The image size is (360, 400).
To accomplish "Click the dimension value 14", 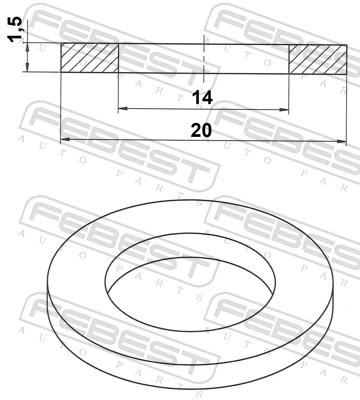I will [204, 96].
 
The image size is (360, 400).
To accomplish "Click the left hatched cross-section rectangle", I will [89, 58].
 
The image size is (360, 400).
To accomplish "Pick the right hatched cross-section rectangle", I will [314, 58].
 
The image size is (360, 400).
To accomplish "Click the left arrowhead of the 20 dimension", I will [66, 139].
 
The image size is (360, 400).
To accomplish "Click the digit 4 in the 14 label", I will [210, 96].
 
